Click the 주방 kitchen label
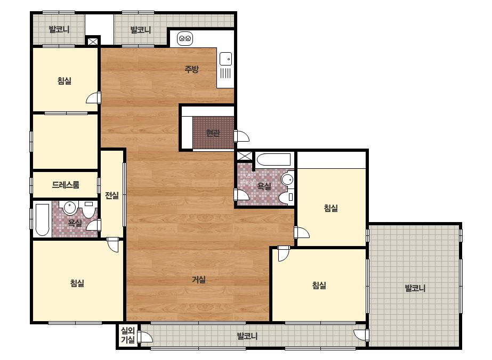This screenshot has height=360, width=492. [191, 69]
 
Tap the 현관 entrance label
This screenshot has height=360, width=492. [213, 133]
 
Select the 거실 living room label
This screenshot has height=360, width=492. [199, 280]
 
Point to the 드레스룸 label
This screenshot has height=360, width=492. [66, 185]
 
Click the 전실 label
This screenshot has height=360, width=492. [112, 195]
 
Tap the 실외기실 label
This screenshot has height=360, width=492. [128, 335]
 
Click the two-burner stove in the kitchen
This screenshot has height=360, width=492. [185, 39]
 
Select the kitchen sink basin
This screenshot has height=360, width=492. [226, 59]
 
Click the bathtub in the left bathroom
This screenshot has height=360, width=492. [42, 220]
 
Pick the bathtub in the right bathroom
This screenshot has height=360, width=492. [273, 160]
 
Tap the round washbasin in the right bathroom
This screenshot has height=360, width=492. [287, 179]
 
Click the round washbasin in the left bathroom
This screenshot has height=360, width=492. [70, 208]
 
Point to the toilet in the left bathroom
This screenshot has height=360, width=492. [89, 209]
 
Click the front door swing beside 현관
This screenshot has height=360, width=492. [242, 136]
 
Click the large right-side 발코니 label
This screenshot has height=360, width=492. [415, 288]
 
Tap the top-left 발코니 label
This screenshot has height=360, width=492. [59, 29]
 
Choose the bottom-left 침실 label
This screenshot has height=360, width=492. [77, 283]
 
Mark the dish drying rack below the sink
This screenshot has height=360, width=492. [225, 73]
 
